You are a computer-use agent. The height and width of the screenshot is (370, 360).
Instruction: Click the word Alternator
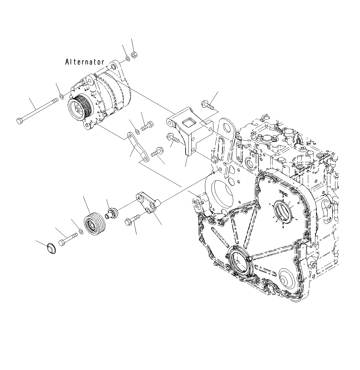pos(85,62)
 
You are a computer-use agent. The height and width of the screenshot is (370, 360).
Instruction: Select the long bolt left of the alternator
pos(37,110)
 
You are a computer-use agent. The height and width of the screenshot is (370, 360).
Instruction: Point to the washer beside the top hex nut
pos(128,59)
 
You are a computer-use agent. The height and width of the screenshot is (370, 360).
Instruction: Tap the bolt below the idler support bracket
pos(132,220)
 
